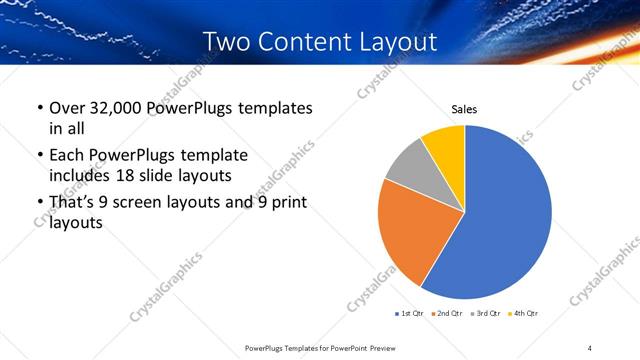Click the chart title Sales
tap(464, 109)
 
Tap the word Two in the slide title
tap(227, 42)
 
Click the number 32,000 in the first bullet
tap(118, 108)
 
